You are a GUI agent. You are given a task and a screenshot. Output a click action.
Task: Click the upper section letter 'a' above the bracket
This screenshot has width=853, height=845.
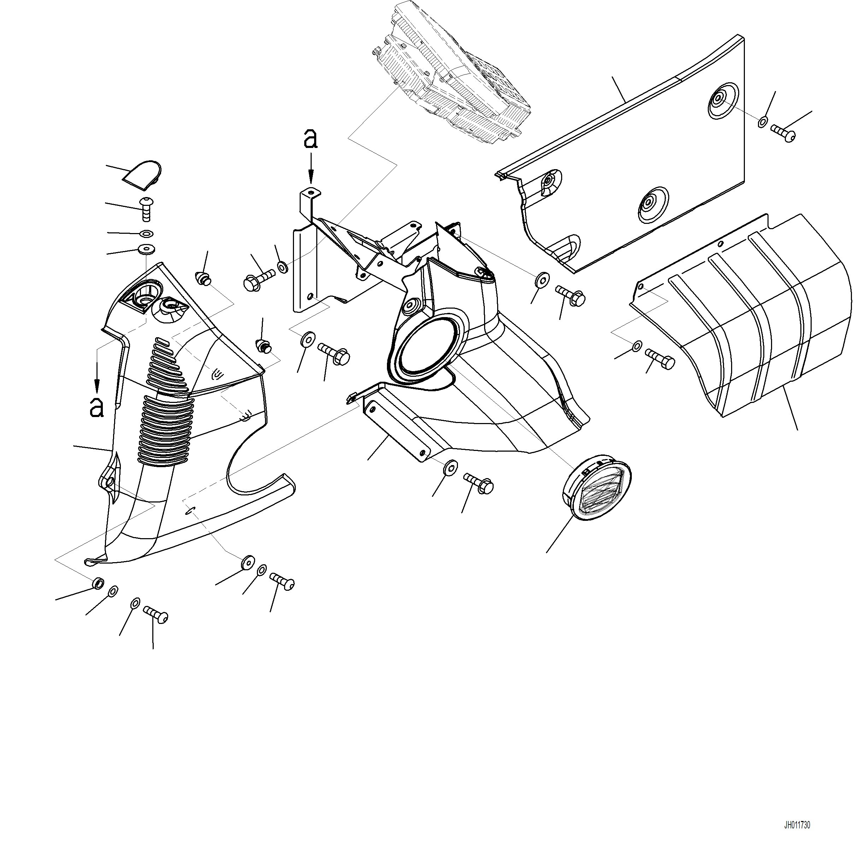(x=311, y=139)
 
